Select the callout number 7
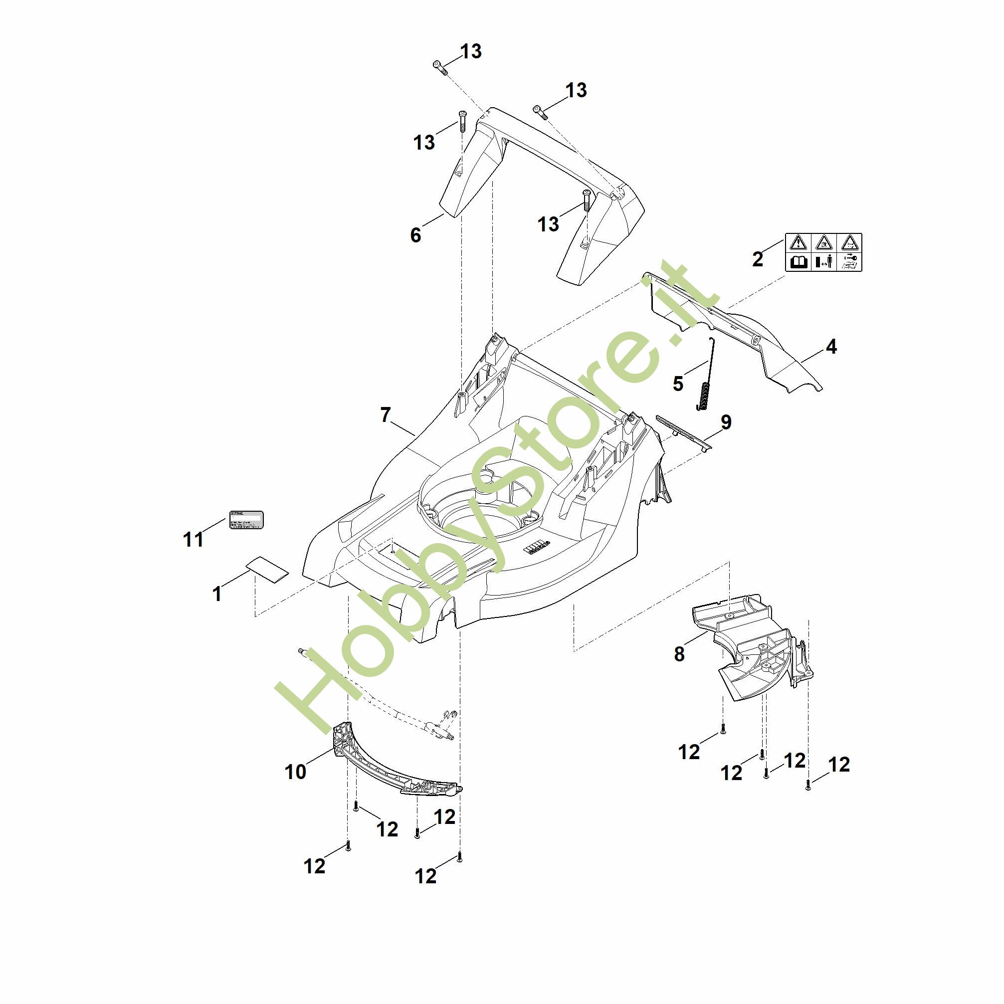pos(385,414)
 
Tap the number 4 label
pos(831,347)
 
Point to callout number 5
pos(678,384)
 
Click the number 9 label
pos(726,422)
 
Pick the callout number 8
pos(679,654)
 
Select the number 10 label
pos(295,772)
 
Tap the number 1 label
pos(217,594)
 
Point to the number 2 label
pos(758,259)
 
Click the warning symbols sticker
pos(823,252)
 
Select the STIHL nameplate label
pos(246,520)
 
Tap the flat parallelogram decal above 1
pos(267,571)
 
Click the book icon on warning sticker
pos(798,262)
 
